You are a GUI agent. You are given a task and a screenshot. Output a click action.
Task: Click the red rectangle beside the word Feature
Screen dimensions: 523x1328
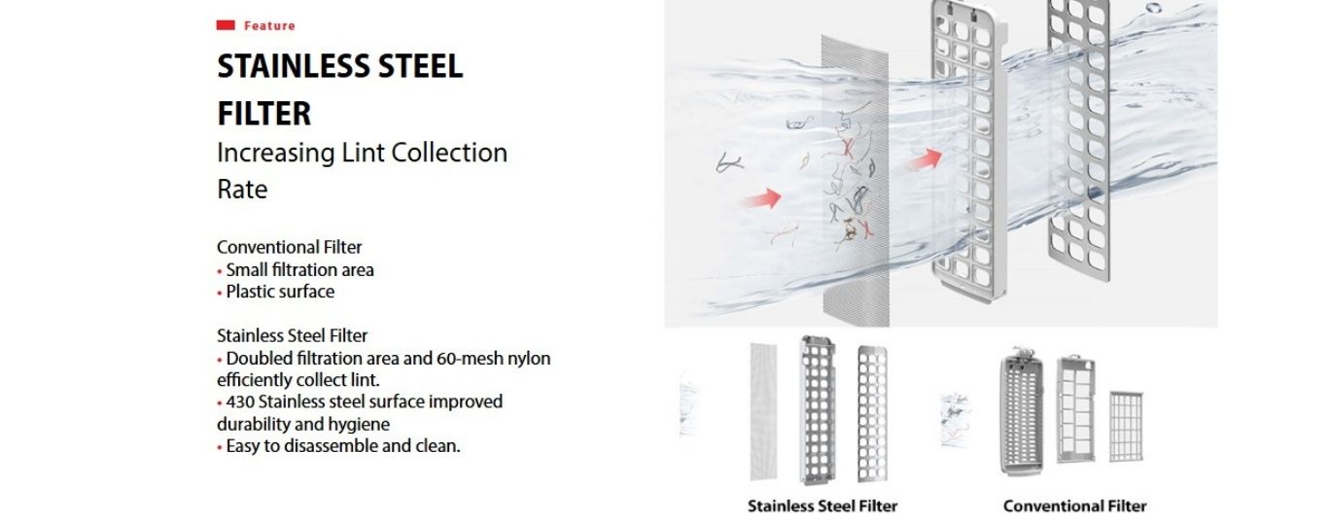tap(226, 25)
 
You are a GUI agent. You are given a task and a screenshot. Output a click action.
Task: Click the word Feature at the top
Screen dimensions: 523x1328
tap(269, 25)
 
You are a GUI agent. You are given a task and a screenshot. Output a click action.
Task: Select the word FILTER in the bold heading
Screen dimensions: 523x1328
tap(264, 113)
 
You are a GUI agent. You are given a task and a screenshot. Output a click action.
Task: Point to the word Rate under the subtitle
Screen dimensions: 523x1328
tap(242, 190)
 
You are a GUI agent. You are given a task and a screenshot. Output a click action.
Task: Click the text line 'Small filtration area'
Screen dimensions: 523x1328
tap(299, 269)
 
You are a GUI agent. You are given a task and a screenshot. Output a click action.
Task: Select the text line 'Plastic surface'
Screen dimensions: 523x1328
tap(280, 291)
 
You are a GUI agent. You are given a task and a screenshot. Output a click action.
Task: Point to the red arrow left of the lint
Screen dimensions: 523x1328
tap(759, 199)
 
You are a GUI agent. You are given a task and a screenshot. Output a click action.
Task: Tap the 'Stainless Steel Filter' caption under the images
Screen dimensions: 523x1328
tap(822, 506)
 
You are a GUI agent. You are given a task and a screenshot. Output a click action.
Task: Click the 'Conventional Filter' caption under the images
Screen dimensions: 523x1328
tap(1074, 506)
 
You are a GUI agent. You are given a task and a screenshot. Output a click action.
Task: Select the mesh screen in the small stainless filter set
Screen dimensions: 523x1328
tap(764, 410)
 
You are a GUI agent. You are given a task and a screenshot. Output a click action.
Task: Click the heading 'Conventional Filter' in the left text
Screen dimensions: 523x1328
tap(290, 247)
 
